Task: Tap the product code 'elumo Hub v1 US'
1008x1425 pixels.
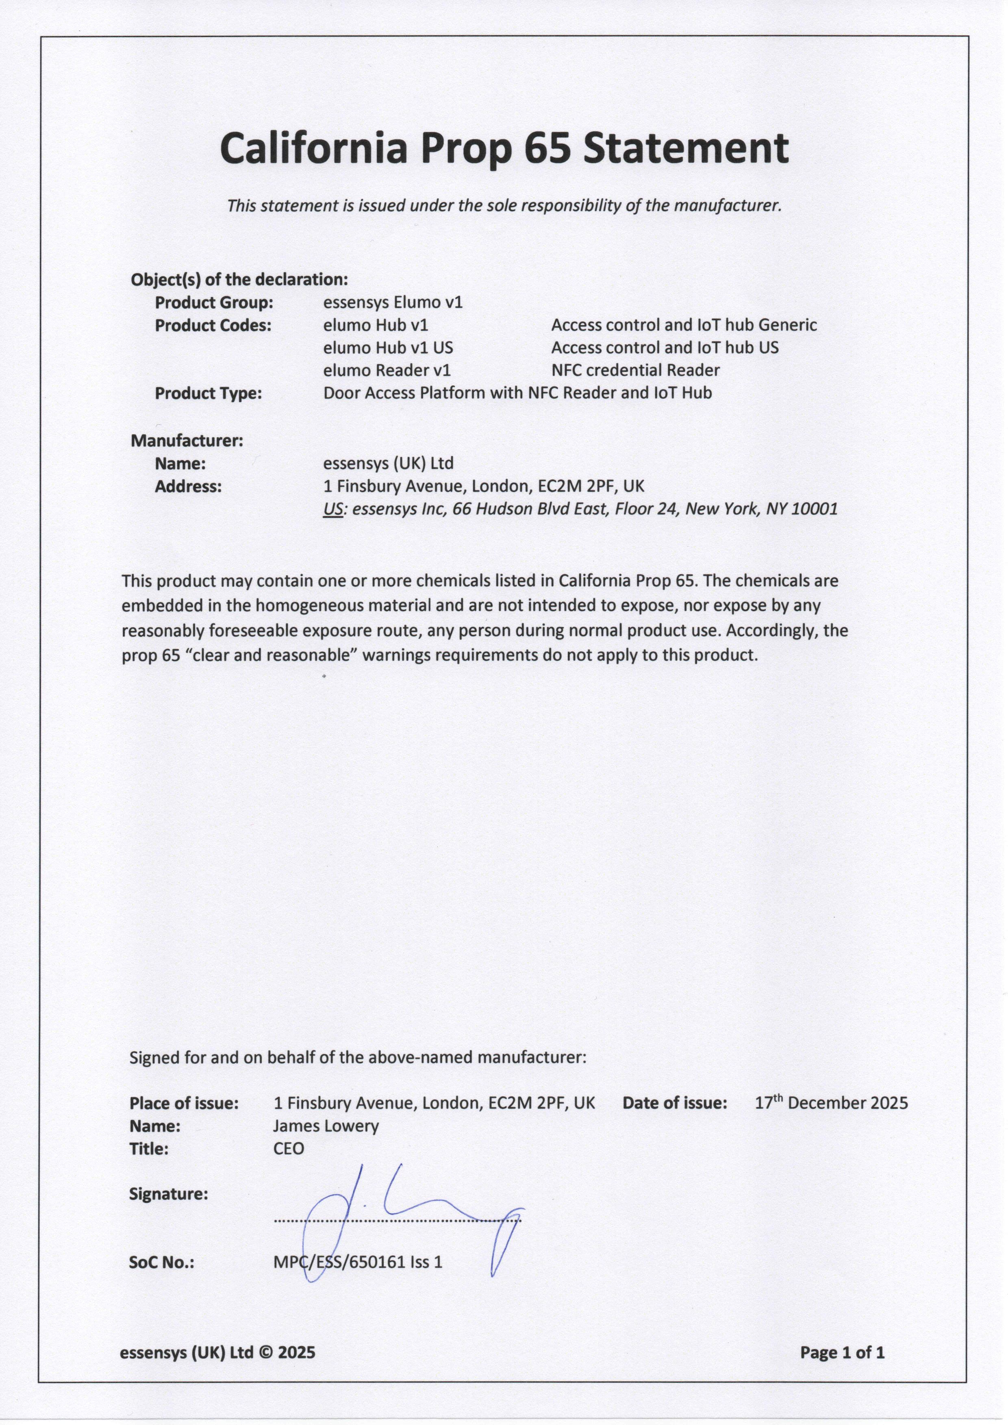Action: click(388, 347)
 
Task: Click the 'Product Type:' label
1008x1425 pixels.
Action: click(208, 393)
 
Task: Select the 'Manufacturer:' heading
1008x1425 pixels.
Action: click(187, 441)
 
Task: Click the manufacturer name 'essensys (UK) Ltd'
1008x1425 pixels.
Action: click(389, 464)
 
